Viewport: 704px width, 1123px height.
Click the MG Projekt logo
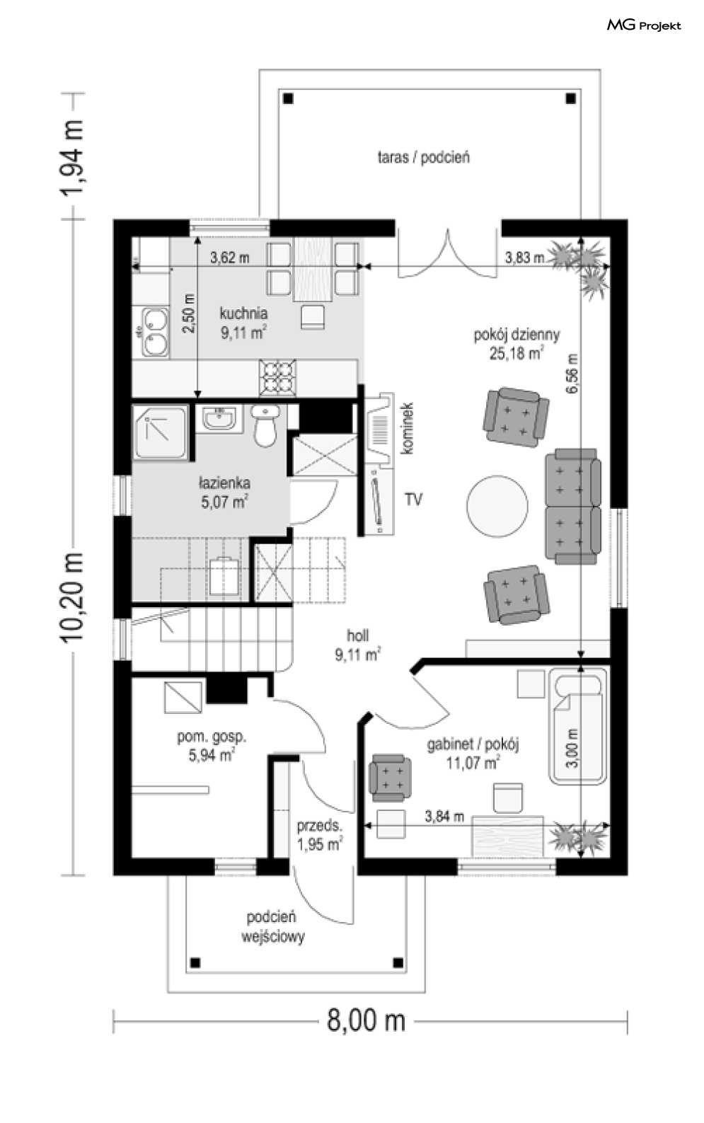point(644,25)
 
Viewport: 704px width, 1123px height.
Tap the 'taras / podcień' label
point(424,157)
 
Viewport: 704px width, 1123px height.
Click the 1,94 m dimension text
point(72,157)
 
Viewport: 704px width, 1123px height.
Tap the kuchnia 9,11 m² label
point(243,323)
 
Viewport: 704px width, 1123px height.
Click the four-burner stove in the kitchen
point(277,377)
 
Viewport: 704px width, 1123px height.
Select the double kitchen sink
point(155,332)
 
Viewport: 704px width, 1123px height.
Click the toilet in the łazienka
point(265,426)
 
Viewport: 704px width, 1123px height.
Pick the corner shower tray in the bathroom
point(161,432)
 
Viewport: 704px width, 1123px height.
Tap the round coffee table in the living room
point(497,506)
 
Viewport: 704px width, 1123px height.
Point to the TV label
point(414,500)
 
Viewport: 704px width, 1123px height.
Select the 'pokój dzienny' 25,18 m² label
point(517,344)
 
